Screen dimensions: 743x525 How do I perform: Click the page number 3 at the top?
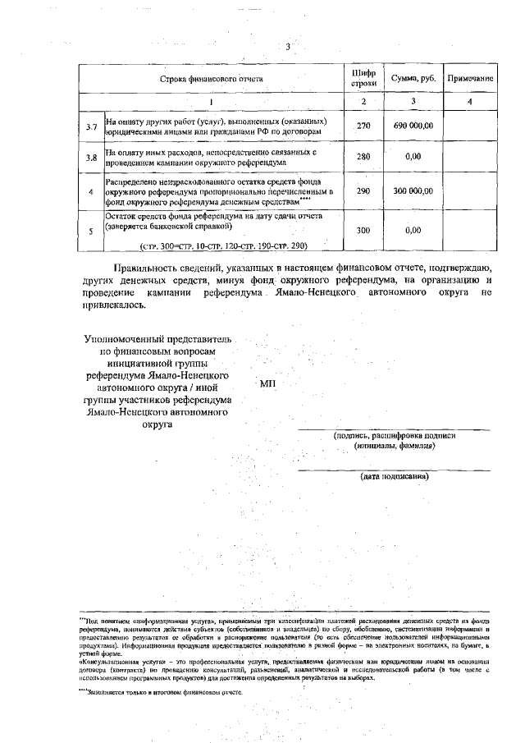click(288, 47)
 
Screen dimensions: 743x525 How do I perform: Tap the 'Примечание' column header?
click(469, 79)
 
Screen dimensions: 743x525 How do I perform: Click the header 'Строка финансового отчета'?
click(211, 79)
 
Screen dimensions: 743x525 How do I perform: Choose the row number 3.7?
click(92, 126)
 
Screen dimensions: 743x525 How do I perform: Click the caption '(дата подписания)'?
click(395, 476)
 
